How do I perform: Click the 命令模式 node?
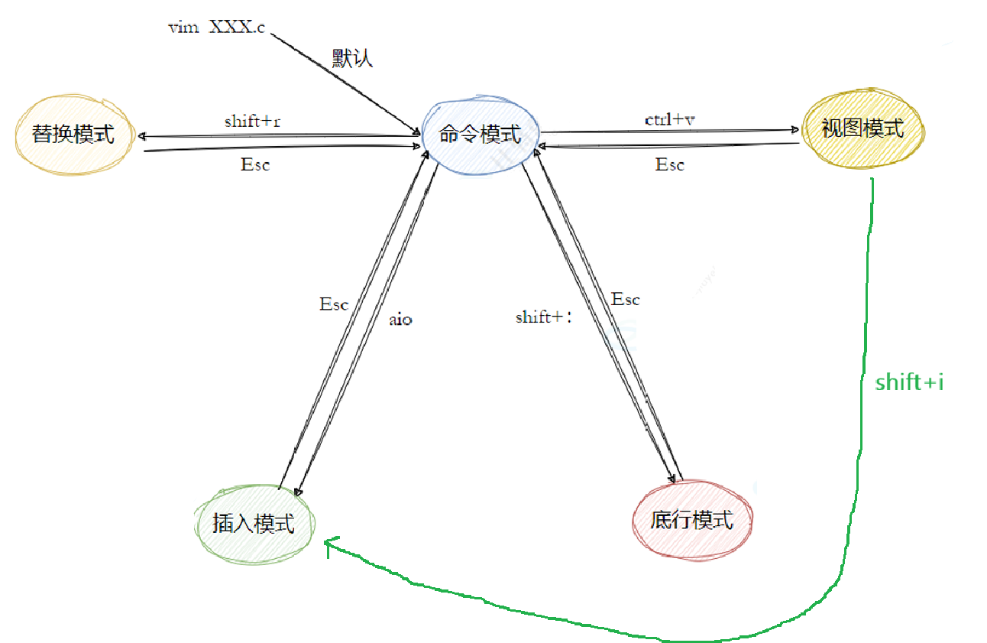click(480, 135)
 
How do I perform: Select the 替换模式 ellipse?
click(73, 135)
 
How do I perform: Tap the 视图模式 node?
click(862, 128)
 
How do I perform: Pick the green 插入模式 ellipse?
click(254, 524)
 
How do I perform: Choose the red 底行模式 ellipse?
click(692, 520)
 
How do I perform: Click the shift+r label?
click(252, 121)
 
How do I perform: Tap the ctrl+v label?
click(669, 119)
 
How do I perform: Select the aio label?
click(400, 319)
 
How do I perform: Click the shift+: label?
click(543, 317)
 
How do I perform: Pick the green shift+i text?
click(909, 382)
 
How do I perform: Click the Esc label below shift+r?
click(255, 164)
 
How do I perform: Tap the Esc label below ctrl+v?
click(669, 164)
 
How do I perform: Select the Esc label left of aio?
click(334, 304)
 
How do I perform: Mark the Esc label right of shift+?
click(625, 300)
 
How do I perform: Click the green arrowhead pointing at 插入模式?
click(328, 544)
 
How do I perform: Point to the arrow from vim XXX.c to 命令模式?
click(344, 81)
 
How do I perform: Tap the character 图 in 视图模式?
click(851, 128)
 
